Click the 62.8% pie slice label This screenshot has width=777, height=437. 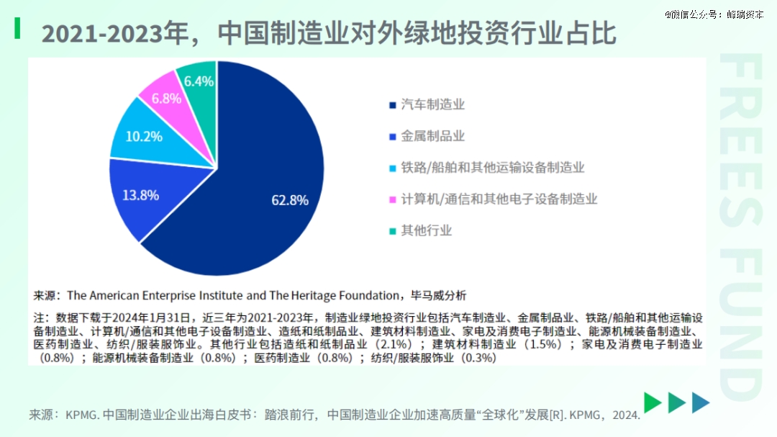click(290, 200)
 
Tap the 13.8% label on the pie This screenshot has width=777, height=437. click(141, 195)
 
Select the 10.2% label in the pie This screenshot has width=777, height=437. click(144, 136)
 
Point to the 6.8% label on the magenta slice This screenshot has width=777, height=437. click(166, 99)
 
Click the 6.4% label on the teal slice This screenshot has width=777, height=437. click(199, 81)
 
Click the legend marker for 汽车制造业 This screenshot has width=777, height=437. click(393, 105)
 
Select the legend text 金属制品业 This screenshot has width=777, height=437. click(432, 136)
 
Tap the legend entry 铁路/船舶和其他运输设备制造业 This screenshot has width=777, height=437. click(493, 168)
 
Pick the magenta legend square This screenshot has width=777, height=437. click(393, 199)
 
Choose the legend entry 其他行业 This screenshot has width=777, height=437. click(426, 230)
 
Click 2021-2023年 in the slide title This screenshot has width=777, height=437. click(115, 34)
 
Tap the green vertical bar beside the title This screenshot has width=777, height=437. click(17, 28)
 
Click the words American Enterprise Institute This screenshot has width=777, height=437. click(167, 296)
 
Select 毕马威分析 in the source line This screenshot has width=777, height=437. click(439, 296)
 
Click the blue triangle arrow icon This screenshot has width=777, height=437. click(701, 402)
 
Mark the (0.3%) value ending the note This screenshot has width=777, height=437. click(478, 358)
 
